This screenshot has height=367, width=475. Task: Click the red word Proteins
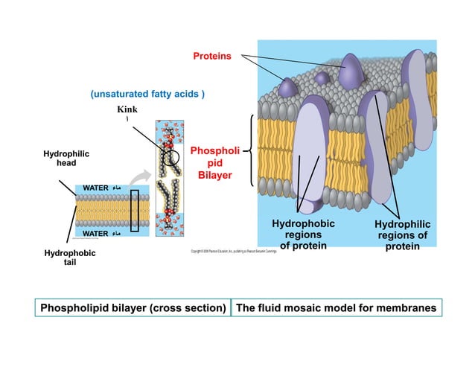point(212,56)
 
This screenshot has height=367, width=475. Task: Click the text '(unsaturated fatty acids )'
point(147,95)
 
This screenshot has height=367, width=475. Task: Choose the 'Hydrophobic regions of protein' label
point(303,234)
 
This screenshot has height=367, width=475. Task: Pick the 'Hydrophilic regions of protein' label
point(402,235)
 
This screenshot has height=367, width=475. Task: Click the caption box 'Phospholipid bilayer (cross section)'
point(133,307)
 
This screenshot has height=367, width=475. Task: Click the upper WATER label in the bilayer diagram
point(96,186)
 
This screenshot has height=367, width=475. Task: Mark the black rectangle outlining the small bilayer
point(135,211)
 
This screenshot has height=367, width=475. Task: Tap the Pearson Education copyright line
point(233,252)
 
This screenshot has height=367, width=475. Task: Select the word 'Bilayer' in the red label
point(215,176)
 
